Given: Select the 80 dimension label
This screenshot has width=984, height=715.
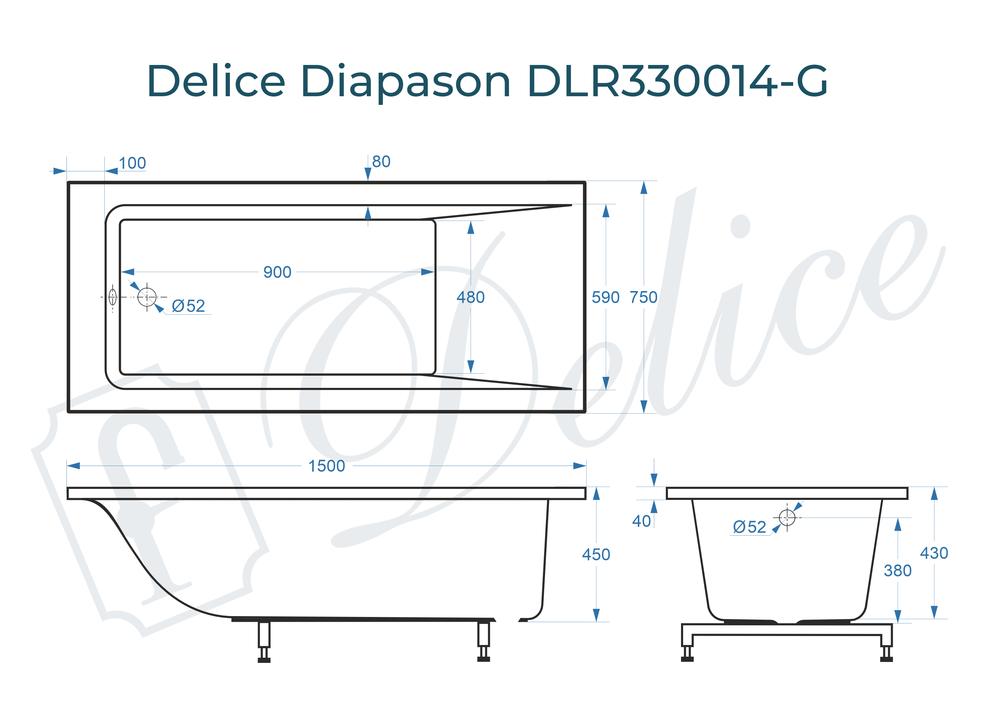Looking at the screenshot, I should coord(381,162).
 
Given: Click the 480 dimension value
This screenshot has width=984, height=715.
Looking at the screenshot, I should coord(470,297).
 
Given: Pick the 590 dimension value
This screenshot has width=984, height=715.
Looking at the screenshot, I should coord(605,297).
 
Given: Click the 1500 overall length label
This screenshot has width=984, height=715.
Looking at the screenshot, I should coord(326,466).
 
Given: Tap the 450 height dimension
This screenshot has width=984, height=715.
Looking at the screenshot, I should coord(596,554).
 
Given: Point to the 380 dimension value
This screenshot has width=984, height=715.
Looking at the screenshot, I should coord(897,571).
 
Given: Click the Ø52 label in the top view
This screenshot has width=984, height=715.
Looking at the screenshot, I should coord(188,306).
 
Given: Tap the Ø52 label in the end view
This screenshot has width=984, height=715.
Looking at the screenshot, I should coord(749,527).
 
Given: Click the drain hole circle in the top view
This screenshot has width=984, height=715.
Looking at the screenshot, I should coord(147,297).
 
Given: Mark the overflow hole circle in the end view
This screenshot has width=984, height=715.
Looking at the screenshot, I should coord(787,517).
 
